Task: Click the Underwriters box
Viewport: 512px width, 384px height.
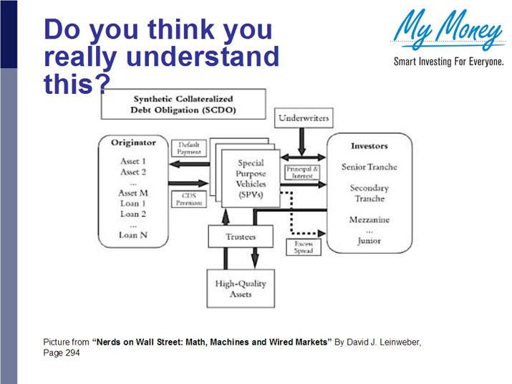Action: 302,117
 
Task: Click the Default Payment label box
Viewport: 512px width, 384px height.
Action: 189,148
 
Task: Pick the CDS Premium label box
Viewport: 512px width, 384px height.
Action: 189,198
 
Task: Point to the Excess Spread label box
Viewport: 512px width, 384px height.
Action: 303,246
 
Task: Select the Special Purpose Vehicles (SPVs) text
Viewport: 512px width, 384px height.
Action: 251,175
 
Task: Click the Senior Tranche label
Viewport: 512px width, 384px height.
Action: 369,167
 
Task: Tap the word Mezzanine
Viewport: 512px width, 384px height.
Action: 369,220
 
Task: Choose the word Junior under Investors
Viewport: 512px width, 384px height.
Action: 369,241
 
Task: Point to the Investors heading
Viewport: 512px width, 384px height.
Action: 369,145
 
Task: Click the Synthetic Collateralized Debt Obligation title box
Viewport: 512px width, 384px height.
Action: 183,105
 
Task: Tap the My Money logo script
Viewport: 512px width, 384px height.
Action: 448,32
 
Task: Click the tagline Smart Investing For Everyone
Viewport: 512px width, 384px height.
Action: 448,62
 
